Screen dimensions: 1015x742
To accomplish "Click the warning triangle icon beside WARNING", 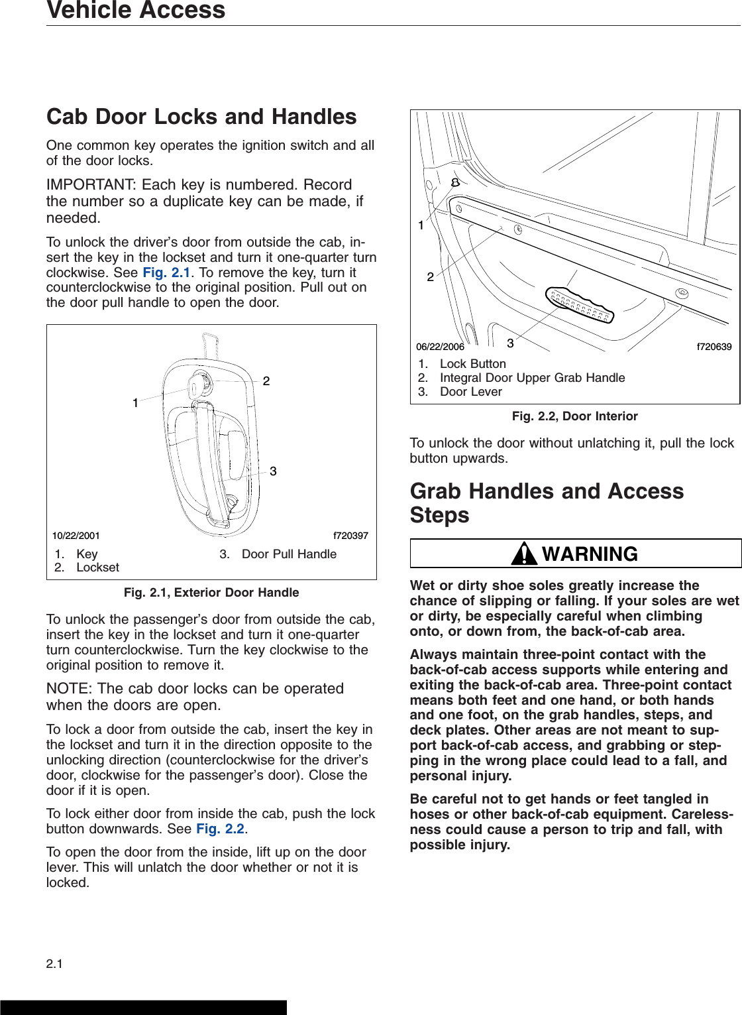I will (524, 554).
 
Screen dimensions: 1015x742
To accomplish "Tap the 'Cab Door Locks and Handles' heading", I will (201, 117).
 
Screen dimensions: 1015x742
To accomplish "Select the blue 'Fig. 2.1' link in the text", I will (166, 272).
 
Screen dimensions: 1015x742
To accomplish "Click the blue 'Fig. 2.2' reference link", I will (220, 829).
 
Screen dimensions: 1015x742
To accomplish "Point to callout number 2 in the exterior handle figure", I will (266, 381).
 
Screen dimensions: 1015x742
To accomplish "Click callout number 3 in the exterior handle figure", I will (273, 471).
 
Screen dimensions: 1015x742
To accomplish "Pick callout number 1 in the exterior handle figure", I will (135, 403).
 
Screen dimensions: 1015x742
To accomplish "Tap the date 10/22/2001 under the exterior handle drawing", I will (76, 536).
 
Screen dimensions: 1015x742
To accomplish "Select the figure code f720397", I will (350, 536).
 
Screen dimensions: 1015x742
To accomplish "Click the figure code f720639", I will (714, 347).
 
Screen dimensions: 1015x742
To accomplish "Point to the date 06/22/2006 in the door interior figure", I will (440, 347).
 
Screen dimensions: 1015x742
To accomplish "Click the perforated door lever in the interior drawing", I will (579, 306).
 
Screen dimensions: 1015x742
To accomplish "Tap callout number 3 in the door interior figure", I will (510, 343).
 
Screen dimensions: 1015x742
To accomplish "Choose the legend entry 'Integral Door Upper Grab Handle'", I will (532, 378).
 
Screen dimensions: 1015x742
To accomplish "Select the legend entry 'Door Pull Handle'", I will (289, 554).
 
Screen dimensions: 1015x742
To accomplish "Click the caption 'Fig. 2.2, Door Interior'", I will (574, 416).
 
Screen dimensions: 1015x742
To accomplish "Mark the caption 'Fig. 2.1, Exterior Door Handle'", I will (211, 593).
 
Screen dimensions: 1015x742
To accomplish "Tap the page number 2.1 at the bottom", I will (54, 964).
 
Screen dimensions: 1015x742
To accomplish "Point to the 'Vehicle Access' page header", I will (136, 11).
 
